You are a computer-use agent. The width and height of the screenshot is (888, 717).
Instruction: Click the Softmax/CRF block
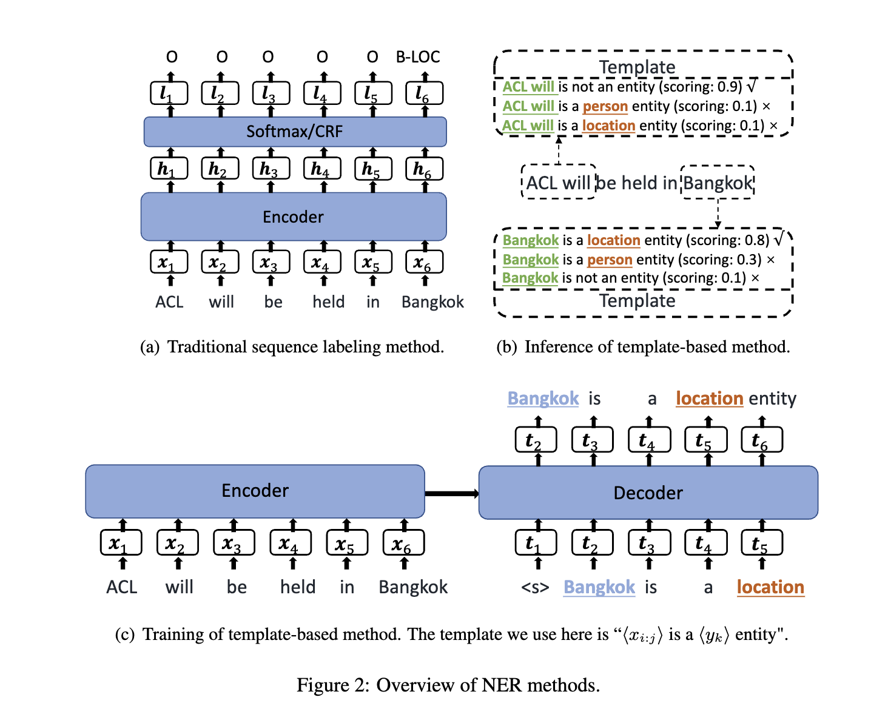coord(295,132)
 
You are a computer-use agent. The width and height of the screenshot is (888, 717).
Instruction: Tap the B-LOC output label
coord(418,57)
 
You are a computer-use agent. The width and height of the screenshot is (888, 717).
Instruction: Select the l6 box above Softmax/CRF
coord(424,93)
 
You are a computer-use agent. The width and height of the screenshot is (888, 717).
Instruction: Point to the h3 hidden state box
coord(271,169)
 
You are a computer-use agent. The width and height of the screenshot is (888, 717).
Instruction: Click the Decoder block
coord(648,493)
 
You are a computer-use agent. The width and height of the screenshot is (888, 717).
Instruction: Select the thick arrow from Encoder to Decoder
coord(451,493)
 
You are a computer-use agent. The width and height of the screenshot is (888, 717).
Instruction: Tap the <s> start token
coord(535,587)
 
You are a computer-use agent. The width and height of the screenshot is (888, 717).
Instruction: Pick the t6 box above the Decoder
coord(762,440)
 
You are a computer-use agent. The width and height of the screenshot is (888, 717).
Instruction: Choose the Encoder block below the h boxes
coord(294,217)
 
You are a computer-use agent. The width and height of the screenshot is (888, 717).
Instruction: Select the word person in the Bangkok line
coord(610,260)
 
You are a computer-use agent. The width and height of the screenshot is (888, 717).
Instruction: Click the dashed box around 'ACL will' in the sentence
coord(559,182)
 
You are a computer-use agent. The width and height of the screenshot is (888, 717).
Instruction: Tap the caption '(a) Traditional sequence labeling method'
coord(292,346)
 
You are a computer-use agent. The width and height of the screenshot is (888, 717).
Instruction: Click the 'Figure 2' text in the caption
coord(332,685)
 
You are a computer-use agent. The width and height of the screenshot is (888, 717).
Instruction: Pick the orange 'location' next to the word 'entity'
coord(709,399)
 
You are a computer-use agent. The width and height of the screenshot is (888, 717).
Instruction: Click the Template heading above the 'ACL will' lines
coord(637,67)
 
